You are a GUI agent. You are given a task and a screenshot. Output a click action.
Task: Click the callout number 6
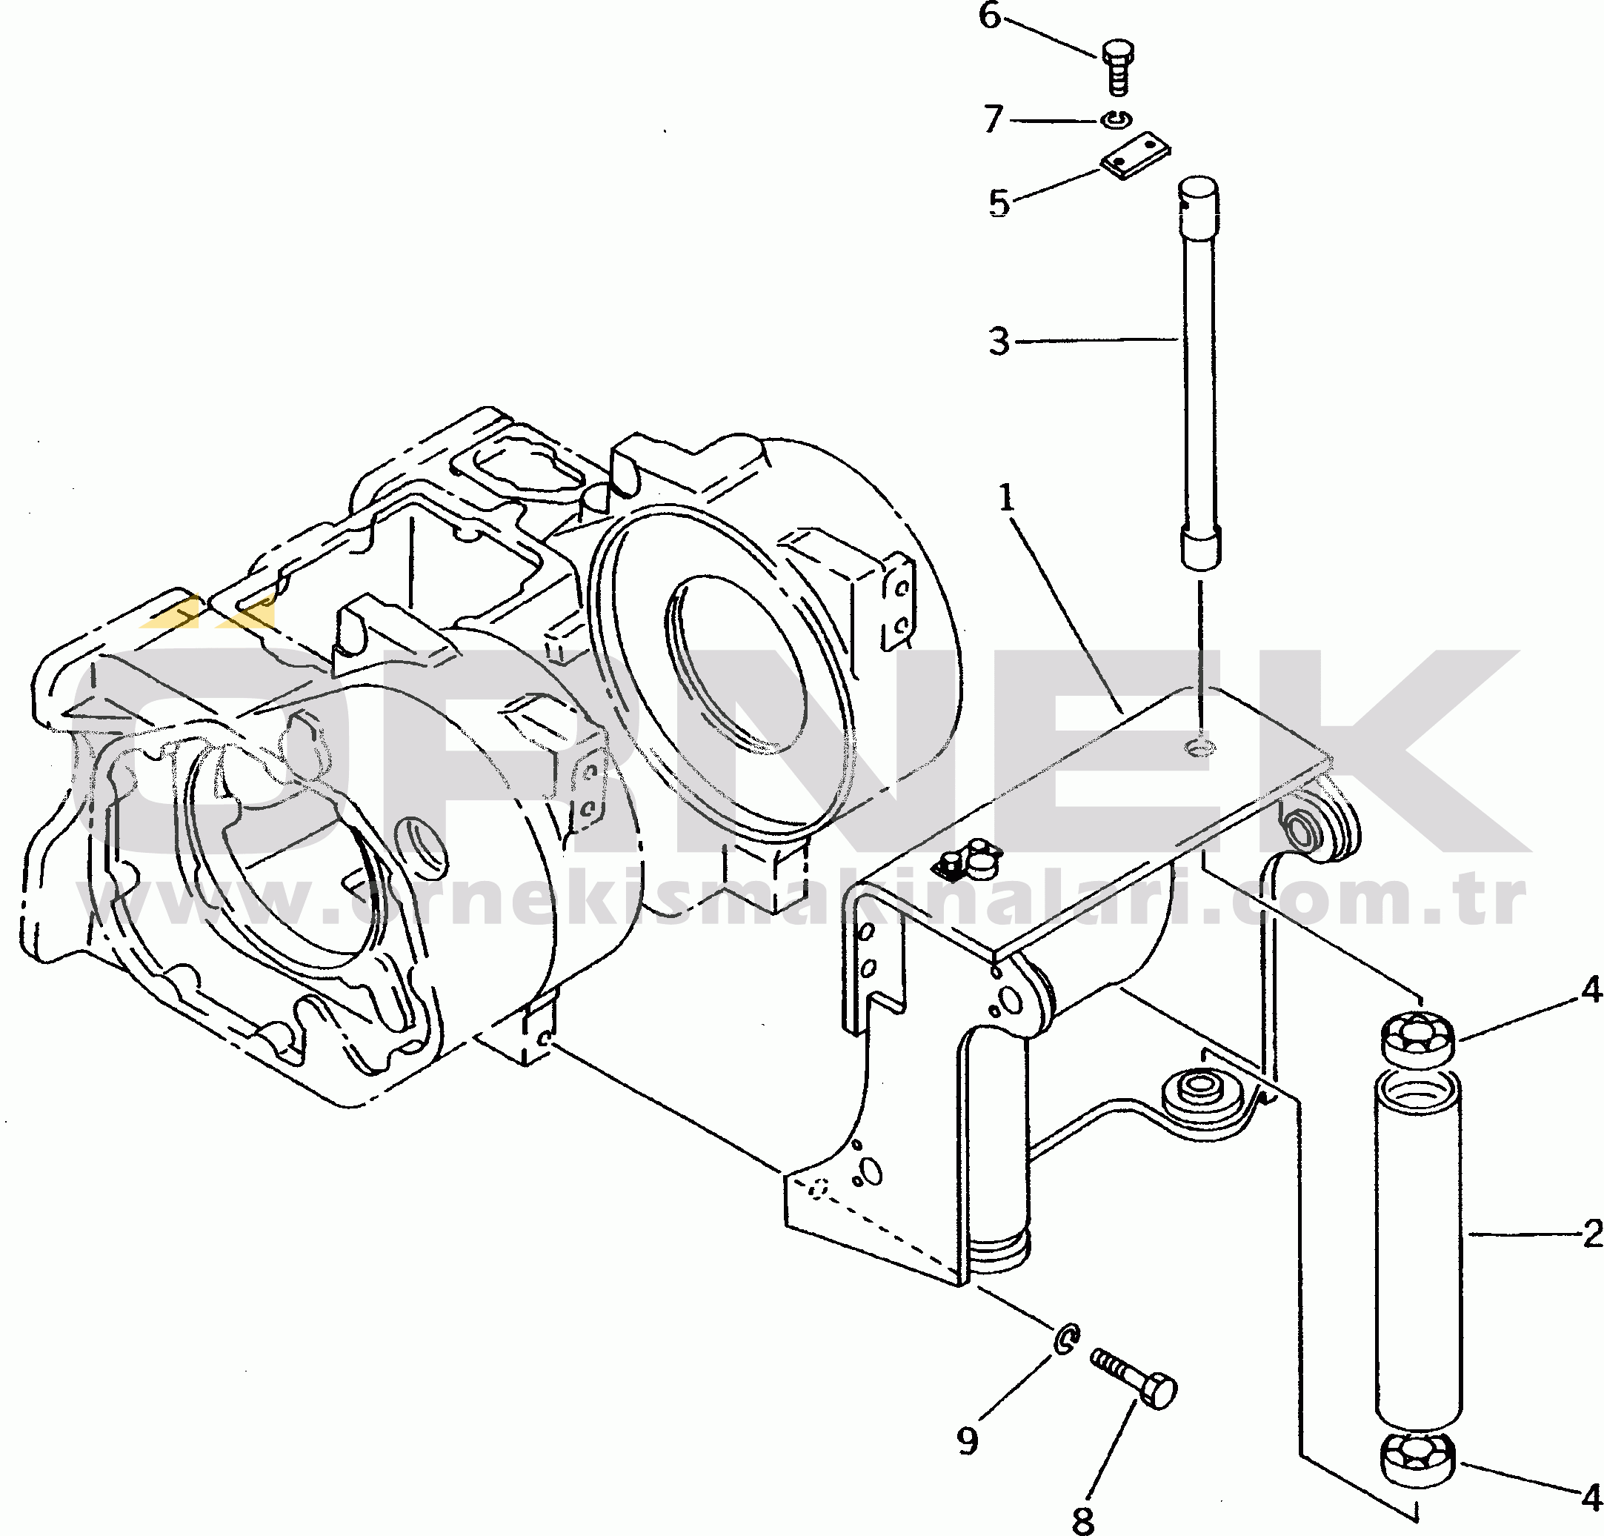pyautogui.click(x=991, y=16)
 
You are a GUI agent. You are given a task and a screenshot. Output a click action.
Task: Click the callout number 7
pyautogui.click(x=994, y=119)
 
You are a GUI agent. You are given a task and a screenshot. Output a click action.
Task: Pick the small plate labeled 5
pyautogui.click(x=1135, y=155)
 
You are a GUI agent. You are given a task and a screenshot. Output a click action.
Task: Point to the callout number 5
pyautogui.click(x=999, y=203)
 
